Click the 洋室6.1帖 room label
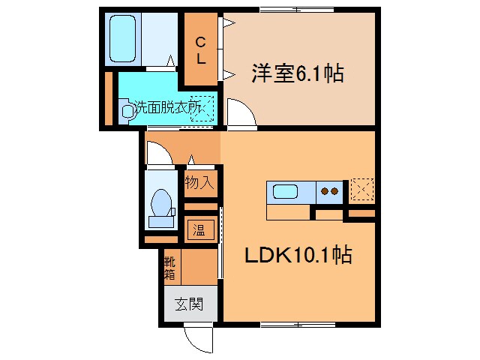tap(298, 73)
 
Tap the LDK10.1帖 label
tap(297, 256)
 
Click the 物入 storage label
tap(200, 182)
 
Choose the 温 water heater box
tap(200, 230)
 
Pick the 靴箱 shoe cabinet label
tap(169, 268)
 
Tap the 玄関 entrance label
tap(188, 304)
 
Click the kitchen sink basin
tap(285, 191)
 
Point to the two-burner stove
tap(328, 191)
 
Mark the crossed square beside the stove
tap(360, 190)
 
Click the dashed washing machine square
tap(202, 107)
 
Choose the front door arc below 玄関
tap(197, 340)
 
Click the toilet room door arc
tap(159, 154)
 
